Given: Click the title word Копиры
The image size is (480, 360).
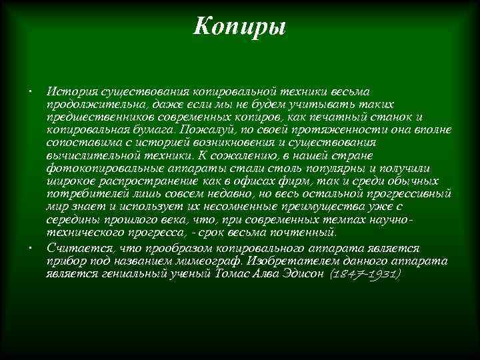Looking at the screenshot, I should coord(239,27).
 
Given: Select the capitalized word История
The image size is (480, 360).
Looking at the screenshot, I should coord(71,90).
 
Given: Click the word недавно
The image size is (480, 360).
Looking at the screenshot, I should coord(256,193).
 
